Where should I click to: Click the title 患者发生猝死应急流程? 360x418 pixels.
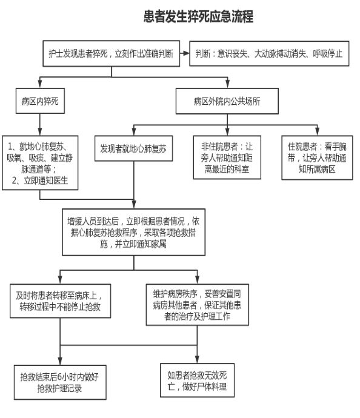click(198, 16)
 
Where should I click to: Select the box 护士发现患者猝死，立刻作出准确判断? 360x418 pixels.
click(111, 53)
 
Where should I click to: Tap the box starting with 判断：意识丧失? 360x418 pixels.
click(269, 53)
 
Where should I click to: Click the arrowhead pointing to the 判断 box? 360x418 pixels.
click(187, 53)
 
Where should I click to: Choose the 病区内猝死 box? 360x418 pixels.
click(40, 101)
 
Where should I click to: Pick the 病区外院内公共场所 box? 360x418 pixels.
click(227, 101)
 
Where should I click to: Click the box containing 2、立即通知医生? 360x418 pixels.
click(40, 163)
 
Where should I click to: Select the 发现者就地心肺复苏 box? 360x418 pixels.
click(133, 148)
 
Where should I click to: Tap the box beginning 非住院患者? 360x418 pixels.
click(227, 158)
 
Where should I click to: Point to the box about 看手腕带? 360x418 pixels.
click(317, 158)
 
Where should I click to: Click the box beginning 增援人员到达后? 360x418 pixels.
click(133, 232)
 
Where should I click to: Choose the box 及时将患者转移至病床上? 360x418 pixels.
click(60, 301)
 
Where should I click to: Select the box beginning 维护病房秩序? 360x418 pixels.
click(198, 305)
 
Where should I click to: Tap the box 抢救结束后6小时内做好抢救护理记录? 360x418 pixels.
click(60, 382)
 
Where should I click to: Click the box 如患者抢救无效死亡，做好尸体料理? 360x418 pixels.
click(198, 380)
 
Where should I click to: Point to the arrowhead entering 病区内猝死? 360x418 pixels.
click(40, 84)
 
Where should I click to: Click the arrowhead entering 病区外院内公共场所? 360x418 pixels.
click(227, 84)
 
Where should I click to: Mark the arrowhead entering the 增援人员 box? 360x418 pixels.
click(134, 205)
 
